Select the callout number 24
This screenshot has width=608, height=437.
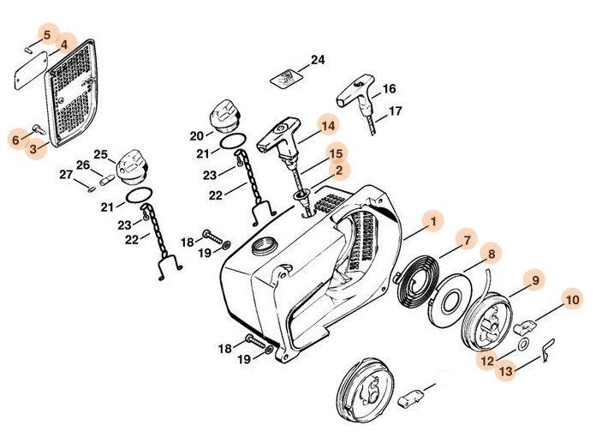[318, 60]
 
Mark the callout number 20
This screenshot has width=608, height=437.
[196, 135]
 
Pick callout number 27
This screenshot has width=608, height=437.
[66, 175]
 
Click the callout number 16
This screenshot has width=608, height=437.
[389, 88]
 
